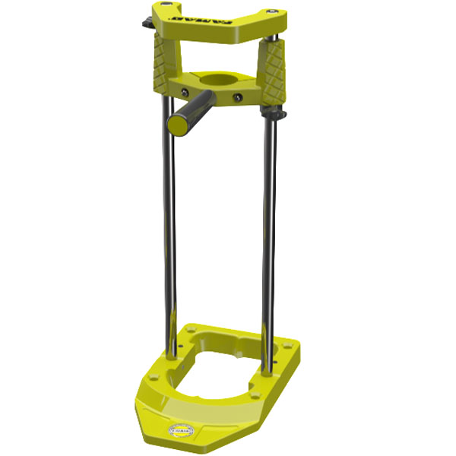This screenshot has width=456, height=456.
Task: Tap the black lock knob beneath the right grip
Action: [x=278, y=114]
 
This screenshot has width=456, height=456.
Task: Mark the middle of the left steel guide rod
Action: [x=166, y=228]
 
